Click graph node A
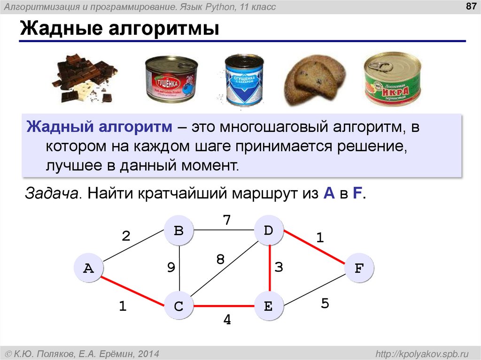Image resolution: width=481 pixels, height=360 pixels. (88, 268)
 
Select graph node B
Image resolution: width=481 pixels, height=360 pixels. (178, 231)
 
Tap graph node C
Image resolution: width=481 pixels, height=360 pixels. (178, 306)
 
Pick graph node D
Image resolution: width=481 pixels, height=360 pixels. (269, 231)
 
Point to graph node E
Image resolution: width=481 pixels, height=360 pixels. (269, 306)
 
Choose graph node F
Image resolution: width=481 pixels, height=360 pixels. (359, 268)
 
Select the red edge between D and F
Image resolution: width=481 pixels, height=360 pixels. (314, 250)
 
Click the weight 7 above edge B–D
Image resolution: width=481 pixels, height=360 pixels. (226, 220)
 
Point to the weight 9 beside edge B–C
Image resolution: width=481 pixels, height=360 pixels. (171, 268)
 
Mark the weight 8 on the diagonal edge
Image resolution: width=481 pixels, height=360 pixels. (220, 259)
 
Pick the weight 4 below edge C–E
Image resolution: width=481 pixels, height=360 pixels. (227, 320)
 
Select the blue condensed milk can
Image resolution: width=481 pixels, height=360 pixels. (243, 80)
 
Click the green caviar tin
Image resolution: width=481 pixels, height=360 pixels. (393, 80)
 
